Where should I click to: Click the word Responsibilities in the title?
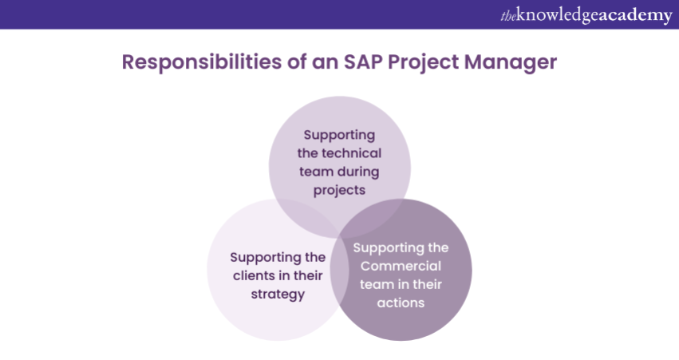coord(201,62)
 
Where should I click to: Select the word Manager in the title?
coord(511,63)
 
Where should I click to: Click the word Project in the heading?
coord(423,63)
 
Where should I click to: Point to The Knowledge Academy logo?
coord(586,15)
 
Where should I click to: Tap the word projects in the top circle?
coord(339,191)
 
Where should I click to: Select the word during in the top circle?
coord(357,172)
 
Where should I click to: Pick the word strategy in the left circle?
coord(278,295)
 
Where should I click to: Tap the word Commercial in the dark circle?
coord(401,266)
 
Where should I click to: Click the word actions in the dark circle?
coord(401,303)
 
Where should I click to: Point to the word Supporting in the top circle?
coord(339,135)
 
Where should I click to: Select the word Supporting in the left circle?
coord(266,257)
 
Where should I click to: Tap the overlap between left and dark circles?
coord(340,270)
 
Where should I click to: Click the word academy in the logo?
coord(635,16)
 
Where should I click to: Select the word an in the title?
coord(326,63)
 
